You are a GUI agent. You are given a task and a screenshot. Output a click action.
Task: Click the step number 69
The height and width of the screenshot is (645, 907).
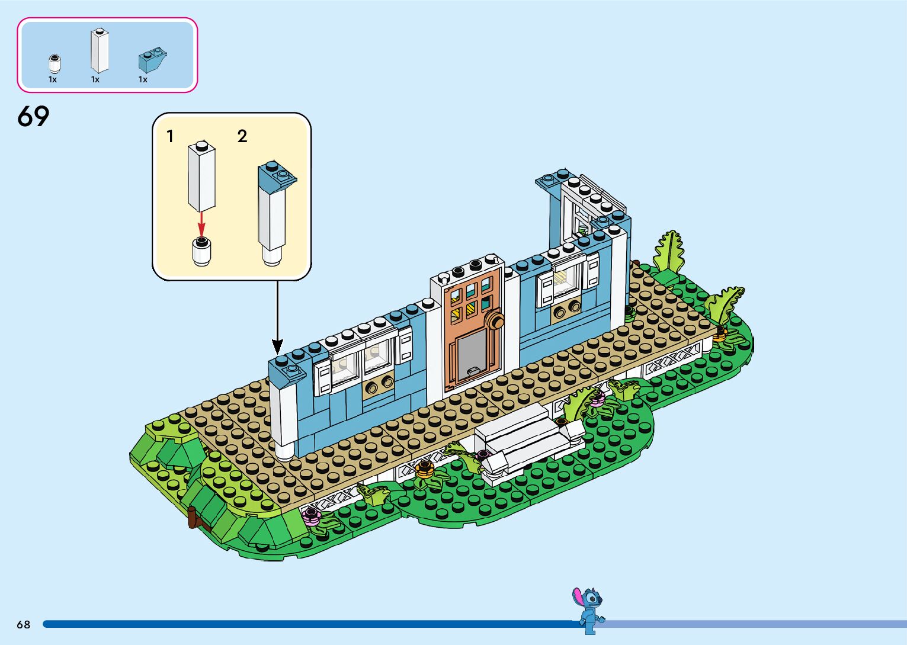tap(33, 117)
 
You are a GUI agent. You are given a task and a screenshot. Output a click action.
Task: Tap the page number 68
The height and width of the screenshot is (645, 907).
tap(23, 624)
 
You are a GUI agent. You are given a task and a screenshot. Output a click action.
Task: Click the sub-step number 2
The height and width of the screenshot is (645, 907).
tap(242, 137)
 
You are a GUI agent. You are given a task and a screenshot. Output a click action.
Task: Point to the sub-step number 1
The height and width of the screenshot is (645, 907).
tap(170, 137)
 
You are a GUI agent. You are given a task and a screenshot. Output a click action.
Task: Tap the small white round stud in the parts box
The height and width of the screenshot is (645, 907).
tap(55, 63)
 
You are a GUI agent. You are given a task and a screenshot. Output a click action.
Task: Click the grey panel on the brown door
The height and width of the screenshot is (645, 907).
tap(472, 352)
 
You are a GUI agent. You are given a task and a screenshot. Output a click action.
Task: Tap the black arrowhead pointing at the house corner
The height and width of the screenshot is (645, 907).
tap(277, 346)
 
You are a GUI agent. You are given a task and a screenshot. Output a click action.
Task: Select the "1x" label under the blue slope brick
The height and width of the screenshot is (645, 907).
tap(143, 79)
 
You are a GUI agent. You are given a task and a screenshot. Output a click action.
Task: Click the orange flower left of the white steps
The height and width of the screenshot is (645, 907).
tap(424, 469)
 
